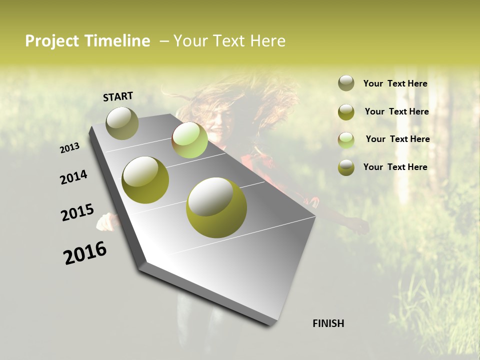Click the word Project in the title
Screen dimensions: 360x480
[x=52, y=41]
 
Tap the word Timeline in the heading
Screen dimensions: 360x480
[x=117, y=41]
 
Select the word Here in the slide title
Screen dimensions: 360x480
[x=267, y=41]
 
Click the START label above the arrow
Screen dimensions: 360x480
[x=118, y=96]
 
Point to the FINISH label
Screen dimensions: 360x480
[x=328, y=323]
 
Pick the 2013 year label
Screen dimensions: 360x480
[x=70, y=147]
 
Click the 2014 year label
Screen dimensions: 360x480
[x=73, y=177]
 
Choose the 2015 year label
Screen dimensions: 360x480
[x=77, y=212]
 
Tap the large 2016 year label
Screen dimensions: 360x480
[x=85, y=253]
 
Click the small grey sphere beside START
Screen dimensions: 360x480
[x=122, y=123]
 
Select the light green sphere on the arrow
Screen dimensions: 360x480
[x=190, y=140]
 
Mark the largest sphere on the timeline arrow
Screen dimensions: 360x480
[x=216, y=207]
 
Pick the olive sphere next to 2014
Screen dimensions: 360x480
[x=145, y=180]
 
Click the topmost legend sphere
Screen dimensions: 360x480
[x=346, y=83]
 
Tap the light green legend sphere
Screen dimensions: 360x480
[x=346, y=139]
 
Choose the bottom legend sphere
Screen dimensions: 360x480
[x=346, y=167]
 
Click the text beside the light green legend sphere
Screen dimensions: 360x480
[x=397, y=139]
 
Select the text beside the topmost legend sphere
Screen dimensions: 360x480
[x=395, y=83]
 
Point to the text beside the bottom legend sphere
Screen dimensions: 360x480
[x=395, y=167]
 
